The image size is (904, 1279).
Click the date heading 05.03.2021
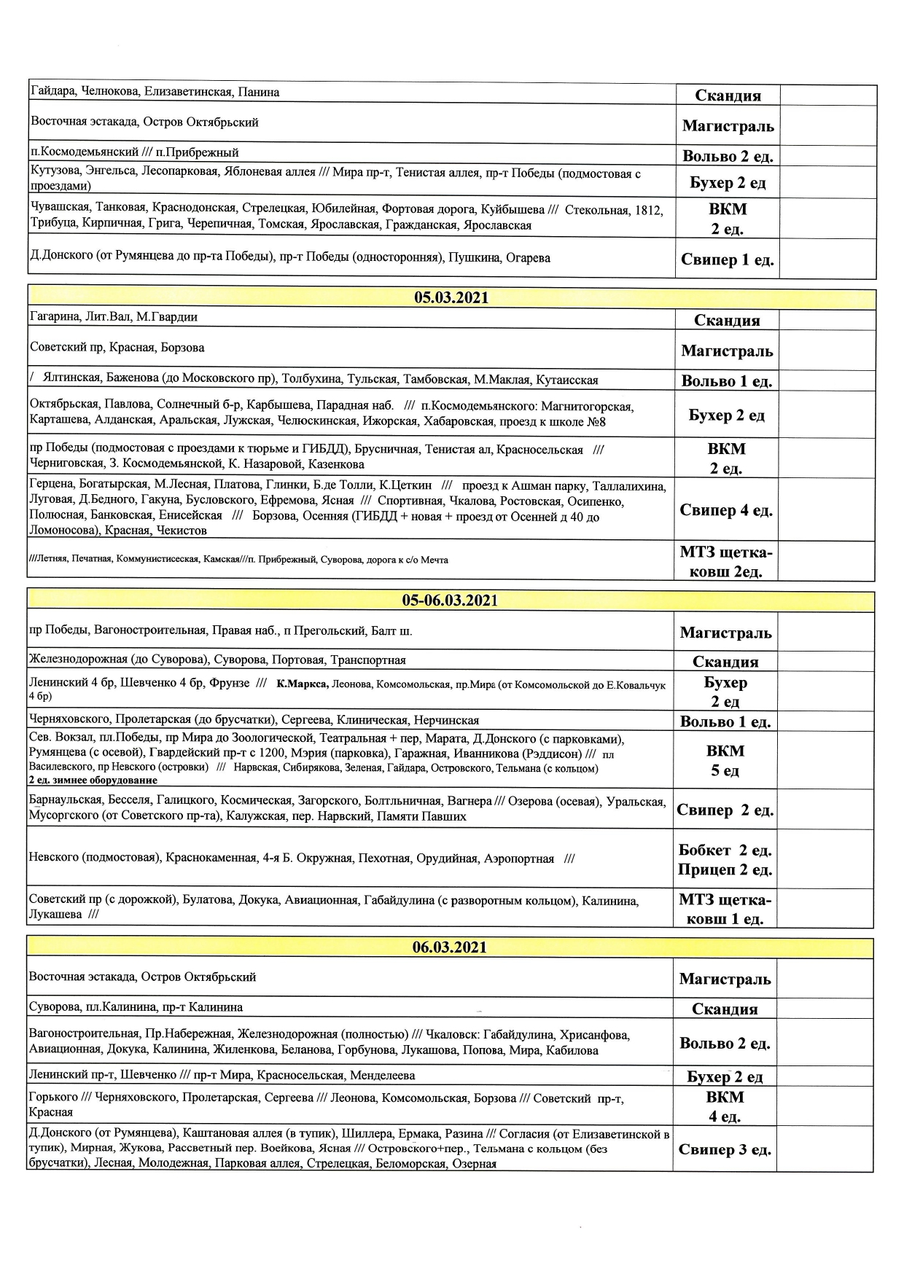[x=451, y=297]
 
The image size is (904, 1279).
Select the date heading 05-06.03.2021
[x=450, y=601]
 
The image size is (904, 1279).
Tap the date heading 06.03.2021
[x=449, y=947]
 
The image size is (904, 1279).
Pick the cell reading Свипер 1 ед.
[x=727, y=259]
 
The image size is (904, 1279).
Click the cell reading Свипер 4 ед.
[x=725, y=510]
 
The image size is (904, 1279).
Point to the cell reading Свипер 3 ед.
[x=725, y=1149]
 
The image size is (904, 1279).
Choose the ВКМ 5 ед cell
[x=725, y=760]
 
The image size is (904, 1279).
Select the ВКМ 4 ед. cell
[x=725, y=1106]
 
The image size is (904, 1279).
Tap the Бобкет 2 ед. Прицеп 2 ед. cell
[x=725, y=860]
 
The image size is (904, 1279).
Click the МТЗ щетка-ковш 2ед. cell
[x=725, y=562]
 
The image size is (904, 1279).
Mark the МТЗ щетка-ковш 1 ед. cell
[x=725, y=909]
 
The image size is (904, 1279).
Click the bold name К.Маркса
[x=303, y=684]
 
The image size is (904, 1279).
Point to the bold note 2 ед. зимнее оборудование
[x=93, y=781]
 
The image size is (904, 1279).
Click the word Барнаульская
[x=64, y=801]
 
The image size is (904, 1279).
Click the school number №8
[x=596, y=422]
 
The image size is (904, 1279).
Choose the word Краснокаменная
[x=211, y=858]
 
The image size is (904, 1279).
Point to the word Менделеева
[x=382, y=1076]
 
